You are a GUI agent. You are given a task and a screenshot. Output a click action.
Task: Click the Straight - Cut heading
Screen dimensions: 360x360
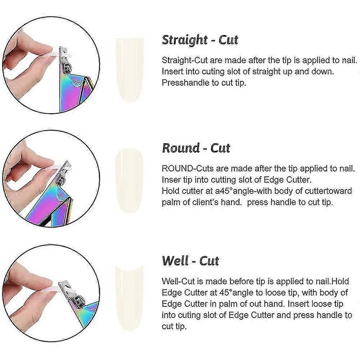(x=200, y=40)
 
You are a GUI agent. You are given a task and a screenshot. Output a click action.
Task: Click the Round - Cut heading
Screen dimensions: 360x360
(x=196, y=148)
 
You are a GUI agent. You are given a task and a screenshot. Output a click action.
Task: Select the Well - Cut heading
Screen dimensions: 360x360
(x=190, y=261)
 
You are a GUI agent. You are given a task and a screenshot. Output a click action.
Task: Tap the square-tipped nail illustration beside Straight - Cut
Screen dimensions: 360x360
(x=129, y=70)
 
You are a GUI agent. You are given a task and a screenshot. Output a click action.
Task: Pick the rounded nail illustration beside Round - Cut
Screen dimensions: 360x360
(x=129, y=181)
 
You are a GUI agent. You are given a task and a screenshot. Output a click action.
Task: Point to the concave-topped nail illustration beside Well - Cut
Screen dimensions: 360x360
(x=129, y=298)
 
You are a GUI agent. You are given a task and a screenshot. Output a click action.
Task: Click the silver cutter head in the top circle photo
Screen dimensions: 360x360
(x=65, y=60)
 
